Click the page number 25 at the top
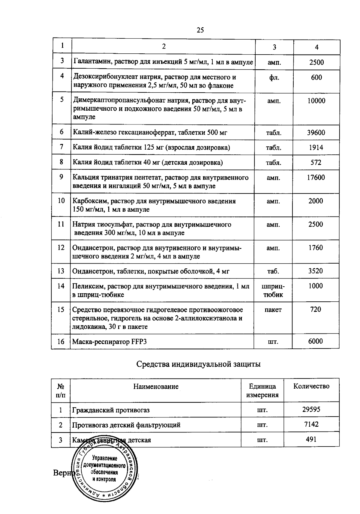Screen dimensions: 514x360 pyautogui.click(x=200, y=30)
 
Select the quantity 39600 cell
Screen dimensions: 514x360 pyautogui.click(x=316, y=133)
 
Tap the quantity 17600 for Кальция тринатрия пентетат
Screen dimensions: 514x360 pyautogui.click(x=316, y=178)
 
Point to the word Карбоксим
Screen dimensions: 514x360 pyautogui.click(x=87, y=201)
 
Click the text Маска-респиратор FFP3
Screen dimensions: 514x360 pyautogui.click(x=109, y=342)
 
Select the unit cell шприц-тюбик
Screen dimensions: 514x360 pyautogui.click(x=273, y=290)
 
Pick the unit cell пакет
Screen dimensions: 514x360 pyautogui.click(x=273, y=310)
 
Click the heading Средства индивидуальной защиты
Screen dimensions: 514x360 pyautogui.click(x=198, y=364)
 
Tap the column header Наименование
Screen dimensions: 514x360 pyautogui.click(x=156, y=387)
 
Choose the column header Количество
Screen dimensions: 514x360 pyautogui.click(x=311, y=386)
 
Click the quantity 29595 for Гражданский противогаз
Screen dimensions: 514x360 pyautogui.click(x=311, y=409)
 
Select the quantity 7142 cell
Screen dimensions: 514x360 pyautogui.click(x=311, y=424)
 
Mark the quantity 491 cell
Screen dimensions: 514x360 pyautogui.click(x=311, y=439)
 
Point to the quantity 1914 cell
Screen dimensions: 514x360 pyautogui.click(x=316, y=148)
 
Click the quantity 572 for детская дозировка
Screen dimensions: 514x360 pyautogui.click(x=316, y=163)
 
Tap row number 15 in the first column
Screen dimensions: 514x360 pyautogui.click(x=61, y=309)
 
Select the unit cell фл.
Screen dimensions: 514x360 pyautogui.click(x=274, y=77)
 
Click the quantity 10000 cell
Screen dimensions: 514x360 pyautogui.click(x=316, y=101)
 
